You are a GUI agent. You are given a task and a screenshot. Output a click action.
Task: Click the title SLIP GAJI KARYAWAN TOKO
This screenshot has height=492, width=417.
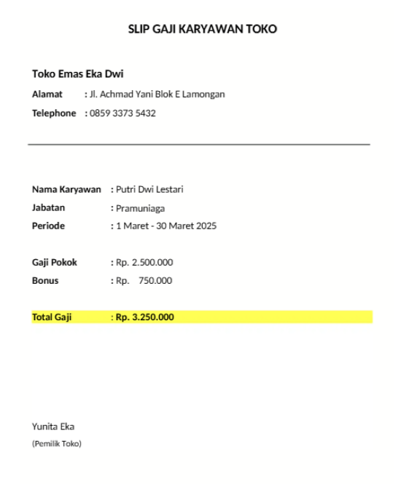(x=203, y=29)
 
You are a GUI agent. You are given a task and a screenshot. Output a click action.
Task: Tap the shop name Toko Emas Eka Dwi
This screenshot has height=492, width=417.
(x=73, y=74)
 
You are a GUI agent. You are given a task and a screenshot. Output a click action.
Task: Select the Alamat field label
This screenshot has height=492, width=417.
(x=47, y=95)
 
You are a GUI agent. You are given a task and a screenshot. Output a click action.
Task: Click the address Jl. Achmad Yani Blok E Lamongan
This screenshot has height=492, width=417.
(x=157, y=95)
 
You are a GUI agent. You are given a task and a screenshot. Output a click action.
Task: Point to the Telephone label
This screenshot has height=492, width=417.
(x=54, y=114)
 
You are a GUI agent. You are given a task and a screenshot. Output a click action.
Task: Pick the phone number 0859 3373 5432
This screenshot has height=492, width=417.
(x=122, y=114)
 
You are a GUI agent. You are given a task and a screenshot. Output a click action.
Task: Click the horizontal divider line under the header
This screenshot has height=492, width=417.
(x=198, y=145)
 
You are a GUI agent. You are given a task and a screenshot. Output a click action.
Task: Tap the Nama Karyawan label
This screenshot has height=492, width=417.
(x=66, y=190)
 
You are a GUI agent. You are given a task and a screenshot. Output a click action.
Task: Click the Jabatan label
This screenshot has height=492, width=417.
(x=49, y=208)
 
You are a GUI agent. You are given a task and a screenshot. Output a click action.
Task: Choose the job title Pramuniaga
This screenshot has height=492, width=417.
(x=140, y=208)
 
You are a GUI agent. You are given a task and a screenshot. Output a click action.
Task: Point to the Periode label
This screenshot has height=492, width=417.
(x=48, y=226)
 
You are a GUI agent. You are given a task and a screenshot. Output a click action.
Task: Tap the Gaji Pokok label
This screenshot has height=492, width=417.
(x=55, y=263)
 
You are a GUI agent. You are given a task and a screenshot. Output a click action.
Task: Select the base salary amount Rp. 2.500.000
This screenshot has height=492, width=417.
(x=144, y=263)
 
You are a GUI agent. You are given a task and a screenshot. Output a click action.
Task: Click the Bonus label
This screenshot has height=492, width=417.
(x=45, y=281)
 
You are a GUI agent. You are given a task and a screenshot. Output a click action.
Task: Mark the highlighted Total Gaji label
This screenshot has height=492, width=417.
(x=52, y=317)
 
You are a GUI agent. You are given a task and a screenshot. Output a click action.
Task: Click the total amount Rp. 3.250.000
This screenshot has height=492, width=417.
(x=144, y=317)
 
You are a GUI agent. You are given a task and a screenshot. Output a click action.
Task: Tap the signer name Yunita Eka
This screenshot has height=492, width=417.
(x=53, y=426)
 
